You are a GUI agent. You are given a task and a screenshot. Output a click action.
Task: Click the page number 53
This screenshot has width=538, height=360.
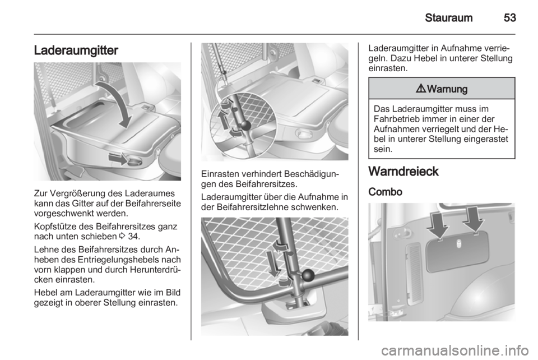click(510, 17)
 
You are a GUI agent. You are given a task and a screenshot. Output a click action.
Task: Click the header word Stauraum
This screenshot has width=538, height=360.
click(448, 17)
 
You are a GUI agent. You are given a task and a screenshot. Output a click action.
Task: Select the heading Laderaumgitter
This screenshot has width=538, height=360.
click(76, 50)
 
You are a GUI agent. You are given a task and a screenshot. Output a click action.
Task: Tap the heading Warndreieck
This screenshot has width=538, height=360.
click(403, 171)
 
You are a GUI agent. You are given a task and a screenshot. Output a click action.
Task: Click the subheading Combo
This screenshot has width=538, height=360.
click(386, 192)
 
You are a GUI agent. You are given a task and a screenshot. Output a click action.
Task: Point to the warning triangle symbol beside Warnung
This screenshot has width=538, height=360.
click(421, 89)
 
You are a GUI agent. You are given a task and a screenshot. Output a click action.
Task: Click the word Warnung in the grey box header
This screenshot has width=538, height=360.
click(447, 89)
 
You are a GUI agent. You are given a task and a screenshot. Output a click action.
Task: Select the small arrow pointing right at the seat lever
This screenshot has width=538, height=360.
click(118, 159)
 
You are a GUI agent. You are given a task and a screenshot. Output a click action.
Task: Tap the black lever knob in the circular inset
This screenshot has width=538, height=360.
click(245, 125)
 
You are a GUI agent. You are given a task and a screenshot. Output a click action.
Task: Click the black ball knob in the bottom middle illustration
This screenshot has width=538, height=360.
click(308, 275)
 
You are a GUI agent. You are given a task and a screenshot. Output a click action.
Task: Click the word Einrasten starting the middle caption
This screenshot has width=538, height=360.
click(220, 174)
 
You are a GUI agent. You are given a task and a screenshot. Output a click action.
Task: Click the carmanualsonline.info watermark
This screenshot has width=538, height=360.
click(455, 350)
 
